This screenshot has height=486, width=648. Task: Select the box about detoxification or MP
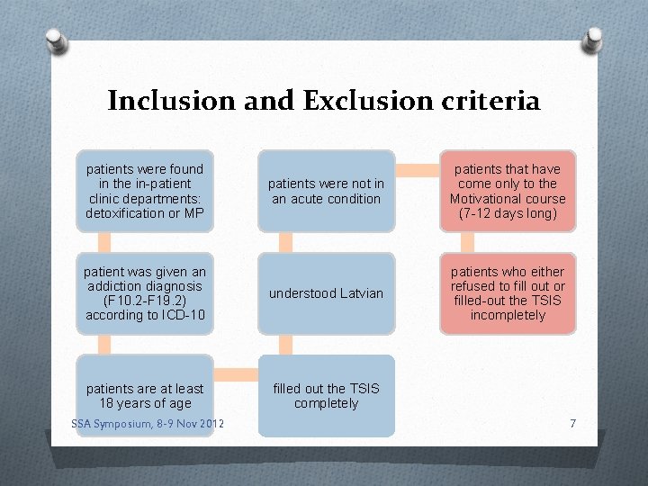point(145,191)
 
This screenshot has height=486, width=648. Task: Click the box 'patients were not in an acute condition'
point(326,191)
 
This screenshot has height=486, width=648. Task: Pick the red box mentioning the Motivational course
point(508,191)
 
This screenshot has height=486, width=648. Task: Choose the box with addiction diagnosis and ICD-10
point(145,293)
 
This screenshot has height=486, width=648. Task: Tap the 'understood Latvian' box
point(326,293)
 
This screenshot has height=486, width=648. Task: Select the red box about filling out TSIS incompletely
point(508,293)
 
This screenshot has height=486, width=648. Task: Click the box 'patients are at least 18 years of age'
point(145,395)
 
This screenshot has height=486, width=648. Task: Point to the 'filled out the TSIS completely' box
point(326,395)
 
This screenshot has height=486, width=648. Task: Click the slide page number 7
point(572,423)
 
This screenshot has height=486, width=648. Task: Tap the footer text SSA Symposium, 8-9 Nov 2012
point(148,424)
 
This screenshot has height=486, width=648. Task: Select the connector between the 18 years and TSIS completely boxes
point(236,373)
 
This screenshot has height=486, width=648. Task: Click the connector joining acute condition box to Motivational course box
point(417,170)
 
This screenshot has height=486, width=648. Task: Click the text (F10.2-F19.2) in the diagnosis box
point(145,301)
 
